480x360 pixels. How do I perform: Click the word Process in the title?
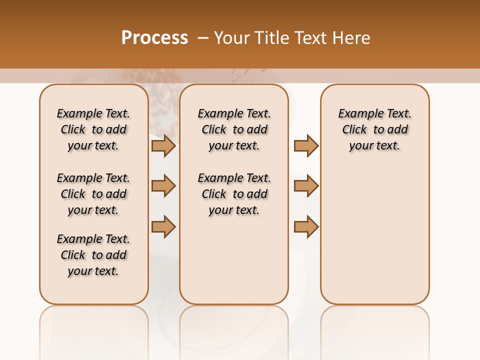coord(154,37)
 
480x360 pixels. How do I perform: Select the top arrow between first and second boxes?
coord(163,145)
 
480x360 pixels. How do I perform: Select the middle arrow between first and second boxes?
coord(163,186)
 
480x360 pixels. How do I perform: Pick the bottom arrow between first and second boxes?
coord(163,226)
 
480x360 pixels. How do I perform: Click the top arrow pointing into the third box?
coord(306,145)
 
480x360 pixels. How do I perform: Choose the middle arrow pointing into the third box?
coord(306,186)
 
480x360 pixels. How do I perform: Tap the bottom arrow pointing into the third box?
coord(306,226)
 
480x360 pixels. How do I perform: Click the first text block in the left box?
coord(93,129)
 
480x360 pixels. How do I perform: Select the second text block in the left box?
coord(93,194)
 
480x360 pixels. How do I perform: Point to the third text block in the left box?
coord(93,255)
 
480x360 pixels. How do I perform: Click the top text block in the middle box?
coord(234,129)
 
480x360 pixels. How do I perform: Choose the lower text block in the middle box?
coord(234,194)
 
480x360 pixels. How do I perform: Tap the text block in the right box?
coord(374,129)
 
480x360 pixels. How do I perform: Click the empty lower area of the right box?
coord(374,235)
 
